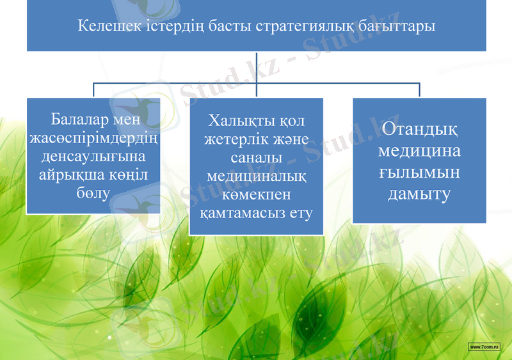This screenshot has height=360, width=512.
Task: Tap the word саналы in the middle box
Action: tap(256, 157)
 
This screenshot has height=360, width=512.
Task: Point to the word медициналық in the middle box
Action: tap(256, 176)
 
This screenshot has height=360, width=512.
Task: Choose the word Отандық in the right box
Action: tap(419, 130)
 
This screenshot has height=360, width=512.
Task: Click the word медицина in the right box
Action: tap(419, 152)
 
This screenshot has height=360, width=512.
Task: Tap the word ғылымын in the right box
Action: tap(419, 173)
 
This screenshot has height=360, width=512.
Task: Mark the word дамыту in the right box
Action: tap(419, 194)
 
